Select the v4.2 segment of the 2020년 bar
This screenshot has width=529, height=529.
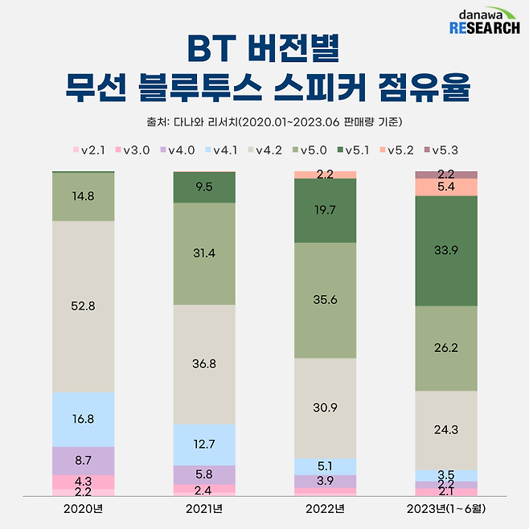[x=83, y=306]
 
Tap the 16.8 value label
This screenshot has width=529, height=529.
[x=83, y=418]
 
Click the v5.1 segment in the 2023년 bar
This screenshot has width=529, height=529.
[x=446, y=250]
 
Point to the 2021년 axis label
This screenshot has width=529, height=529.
[x=204, y=509]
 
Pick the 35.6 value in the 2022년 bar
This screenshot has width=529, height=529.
[x=325, y=300]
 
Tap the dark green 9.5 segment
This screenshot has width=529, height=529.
[x=204, y=187]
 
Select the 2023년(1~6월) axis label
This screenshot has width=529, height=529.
[x=446, y=509]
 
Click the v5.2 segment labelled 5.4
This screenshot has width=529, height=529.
[x=446, y=187]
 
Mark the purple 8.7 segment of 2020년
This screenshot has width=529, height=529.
[x=83, y=460]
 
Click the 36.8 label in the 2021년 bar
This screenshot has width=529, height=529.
[x=204, y=363]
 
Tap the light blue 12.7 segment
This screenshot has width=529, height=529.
[x=204, y=444]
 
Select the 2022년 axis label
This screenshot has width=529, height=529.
[x=325, y=509]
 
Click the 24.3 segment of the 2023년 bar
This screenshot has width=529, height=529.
[x=446, y=430]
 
